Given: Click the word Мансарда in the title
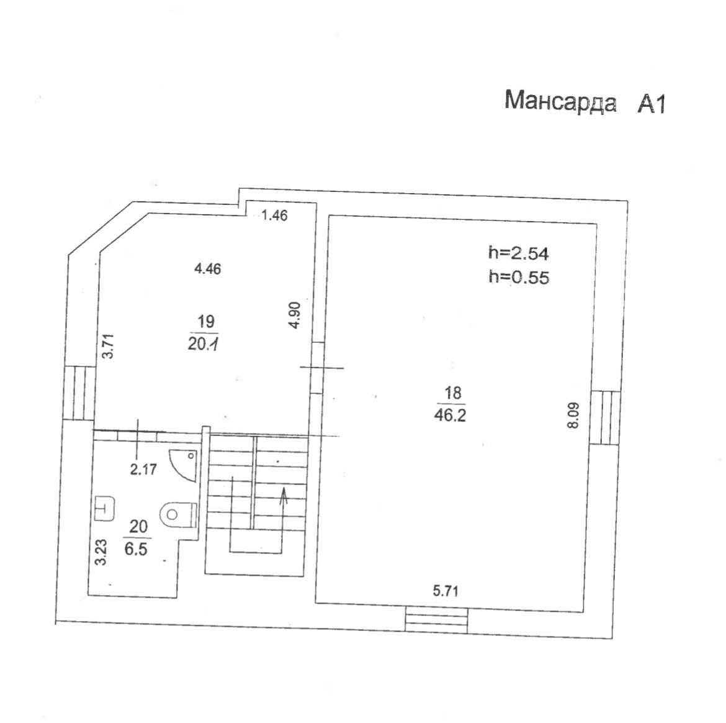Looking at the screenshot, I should (x=560, y=101).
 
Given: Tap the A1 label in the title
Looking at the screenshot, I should (x=652, y=104).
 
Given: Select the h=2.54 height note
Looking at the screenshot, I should (x=519, y=253).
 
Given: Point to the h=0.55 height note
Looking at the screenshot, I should (x=519, y=277).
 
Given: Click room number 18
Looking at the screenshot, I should (x=453, y=393).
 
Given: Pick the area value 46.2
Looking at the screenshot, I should (x=450, y=416).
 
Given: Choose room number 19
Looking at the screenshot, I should (x=205, y=321).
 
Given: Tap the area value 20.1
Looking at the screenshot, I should (x=203, y=343).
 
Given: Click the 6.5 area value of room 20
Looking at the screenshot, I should (x=136, y=548).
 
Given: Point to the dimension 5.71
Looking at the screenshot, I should (x=446, y=591).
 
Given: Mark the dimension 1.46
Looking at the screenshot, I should (x=274, y=216).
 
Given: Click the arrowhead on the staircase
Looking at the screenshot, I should (x=284, y=493).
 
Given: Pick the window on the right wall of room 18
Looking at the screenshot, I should (x=605, y=417).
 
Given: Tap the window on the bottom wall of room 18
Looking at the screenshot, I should (x=436, y=620).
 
